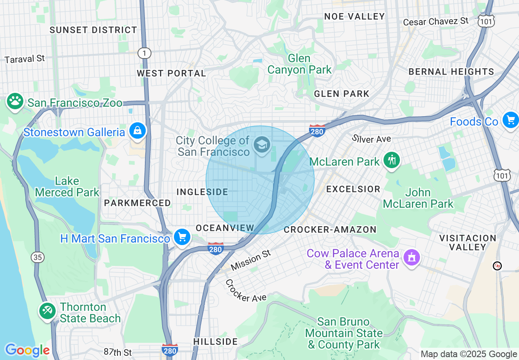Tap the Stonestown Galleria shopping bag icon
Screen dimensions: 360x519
pyautogui.click(x=138, y=131)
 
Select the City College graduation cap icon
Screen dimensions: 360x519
pyautogui.click(x=262, y=144)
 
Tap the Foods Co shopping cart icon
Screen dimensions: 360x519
pyautogui.click(x=510, y=120)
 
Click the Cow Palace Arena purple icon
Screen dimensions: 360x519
pyautogui.click(x=411, y=258)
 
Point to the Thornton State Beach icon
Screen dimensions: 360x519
pyautogui.click(x=47, y=311)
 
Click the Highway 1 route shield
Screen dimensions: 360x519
pyautogui.click(x=144, y=53)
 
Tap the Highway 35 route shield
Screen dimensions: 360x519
pyautogui.click(x=37, y=257)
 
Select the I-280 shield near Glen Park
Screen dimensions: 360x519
pyautogui.click(x=317, y=130)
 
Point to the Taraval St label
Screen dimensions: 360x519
pyautogui.click(x=25, y=59)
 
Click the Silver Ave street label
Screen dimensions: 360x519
pyautogui.click(x=371, y=139)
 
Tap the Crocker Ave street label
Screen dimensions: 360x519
pyautogui.click(x=246, y=291)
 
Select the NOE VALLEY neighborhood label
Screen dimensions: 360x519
pyautogui.click(x=354, y=16)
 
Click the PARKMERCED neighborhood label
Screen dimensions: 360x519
pyautogui.click(x=137, y=203)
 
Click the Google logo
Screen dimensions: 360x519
pyautogui.click(x=27, y=350)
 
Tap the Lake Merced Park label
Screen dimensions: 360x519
pyautogui.click(x=67, y=187)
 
